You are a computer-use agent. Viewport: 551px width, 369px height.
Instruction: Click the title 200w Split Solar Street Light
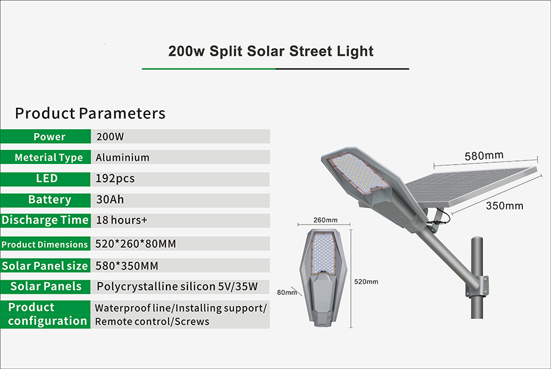(271, 51)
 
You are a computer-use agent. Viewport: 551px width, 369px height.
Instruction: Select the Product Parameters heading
(90, 113)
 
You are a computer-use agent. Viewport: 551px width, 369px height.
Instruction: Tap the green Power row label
(46, 136)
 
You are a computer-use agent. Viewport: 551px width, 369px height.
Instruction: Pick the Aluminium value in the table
(122, 157)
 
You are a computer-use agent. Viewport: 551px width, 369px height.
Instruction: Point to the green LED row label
(46, 179)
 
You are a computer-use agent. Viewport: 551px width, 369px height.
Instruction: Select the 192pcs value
(115, 179)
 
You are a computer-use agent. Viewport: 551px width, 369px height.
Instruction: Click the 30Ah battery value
(110, 199)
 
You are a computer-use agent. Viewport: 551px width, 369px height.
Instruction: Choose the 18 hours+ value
(122, 220)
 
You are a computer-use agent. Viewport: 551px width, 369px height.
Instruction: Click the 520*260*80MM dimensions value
(136, 244)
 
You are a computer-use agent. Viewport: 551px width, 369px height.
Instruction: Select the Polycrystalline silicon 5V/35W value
(177, 286)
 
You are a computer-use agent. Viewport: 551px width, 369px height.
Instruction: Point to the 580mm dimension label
(484, 155)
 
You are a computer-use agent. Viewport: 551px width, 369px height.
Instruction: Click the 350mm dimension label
(504, 206)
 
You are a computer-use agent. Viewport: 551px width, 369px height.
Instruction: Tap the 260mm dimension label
(326, 220)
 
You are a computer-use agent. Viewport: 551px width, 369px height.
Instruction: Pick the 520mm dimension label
(366, 281)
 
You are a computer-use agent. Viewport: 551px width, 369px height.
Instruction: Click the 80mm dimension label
(287, 292)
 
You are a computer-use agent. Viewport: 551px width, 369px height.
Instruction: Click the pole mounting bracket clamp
(477, 286)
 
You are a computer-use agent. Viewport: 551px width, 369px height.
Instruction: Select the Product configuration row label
(46, 314)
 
